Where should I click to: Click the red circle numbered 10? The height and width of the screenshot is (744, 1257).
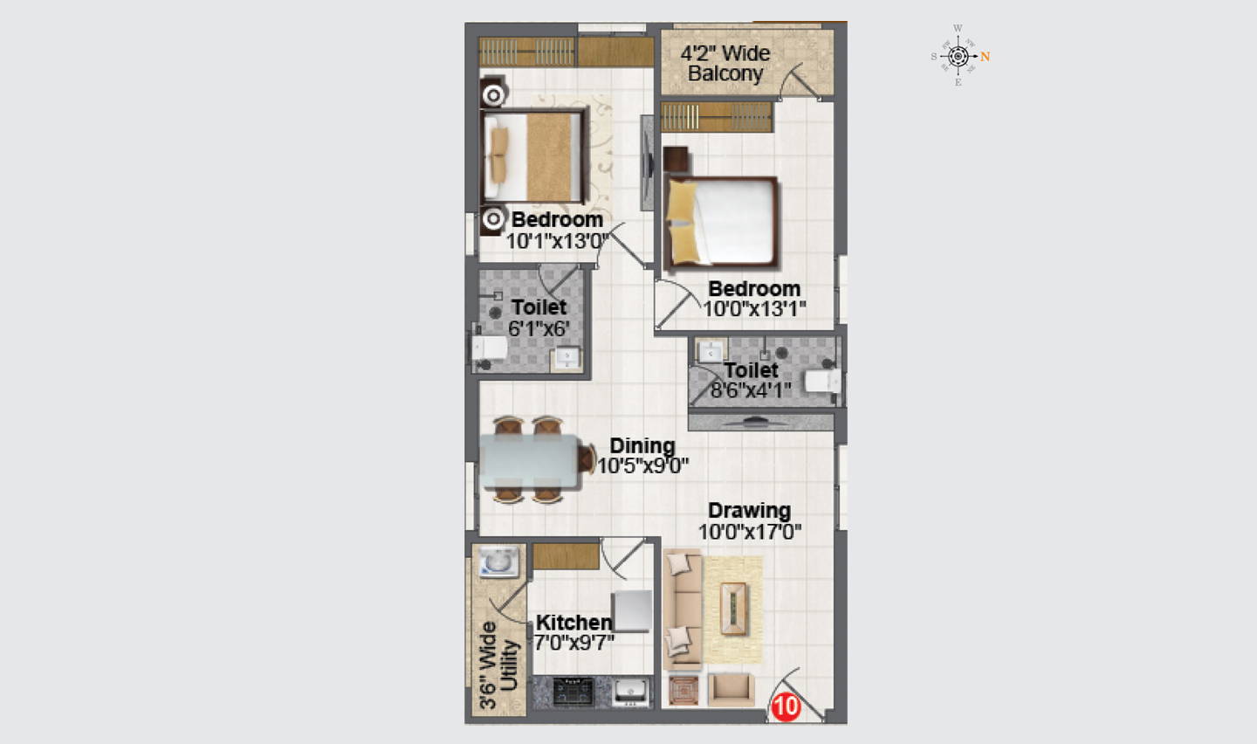click(x=786, y=706)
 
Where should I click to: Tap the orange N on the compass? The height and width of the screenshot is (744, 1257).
click(x=985, y=57)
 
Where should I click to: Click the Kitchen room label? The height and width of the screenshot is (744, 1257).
click(x=574, y=622)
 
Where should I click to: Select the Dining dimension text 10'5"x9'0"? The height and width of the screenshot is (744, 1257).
click(x=642, y=466)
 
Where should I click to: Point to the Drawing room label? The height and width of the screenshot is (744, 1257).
click(x=749, y=511)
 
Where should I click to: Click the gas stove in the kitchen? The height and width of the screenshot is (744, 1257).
click(x=573, y=692)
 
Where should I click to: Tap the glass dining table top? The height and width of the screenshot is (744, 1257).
click(x=530, y=461)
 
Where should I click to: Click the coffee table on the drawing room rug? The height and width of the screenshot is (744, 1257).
click(x=733, y=609)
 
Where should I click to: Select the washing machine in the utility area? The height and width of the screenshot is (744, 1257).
click(x=498, y=561)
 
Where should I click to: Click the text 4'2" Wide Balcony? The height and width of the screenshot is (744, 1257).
click(x=725, y=64)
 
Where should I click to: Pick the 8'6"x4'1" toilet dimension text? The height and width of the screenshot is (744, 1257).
click(x=751, y=389)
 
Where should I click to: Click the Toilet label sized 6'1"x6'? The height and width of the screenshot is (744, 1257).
click(x=539, y=307)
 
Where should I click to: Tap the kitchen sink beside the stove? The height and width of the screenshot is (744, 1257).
click(x=631, y=692)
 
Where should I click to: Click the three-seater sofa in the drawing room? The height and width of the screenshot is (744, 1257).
click(x=683, y=610)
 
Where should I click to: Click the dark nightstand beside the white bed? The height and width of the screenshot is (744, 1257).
click(x=676, y=159)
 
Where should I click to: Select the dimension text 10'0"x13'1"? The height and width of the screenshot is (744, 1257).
click(x=754, y=309)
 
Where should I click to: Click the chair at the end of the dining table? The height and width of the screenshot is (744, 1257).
click(x=587, y=458)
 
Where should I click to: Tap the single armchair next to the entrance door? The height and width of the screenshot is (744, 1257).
click(x=731, y=690)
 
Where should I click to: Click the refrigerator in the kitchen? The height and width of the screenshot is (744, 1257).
click(x=632, y=611)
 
